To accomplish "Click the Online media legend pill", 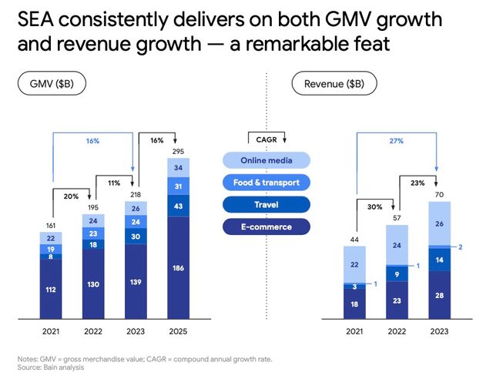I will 267,160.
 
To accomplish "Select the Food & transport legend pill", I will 267,183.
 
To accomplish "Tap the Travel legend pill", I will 267,205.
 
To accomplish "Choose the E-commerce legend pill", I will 267,226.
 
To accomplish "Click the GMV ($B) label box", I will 52,83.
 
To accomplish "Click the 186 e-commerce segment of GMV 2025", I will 177,268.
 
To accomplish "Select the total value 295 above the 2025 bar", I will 177,153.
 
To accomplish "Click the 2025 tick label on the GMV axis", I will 177,330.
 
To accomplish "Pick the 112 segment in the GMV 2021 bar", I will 51,289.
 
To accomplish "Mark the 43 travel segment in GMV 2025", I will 177,206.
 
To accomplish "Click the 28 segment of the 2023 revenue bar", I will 439,296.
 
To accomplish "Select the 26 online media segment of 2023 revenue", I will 439,223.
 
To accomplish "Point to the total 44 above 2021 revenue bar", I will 355,240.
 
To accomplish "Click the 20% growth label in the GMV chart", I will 71,196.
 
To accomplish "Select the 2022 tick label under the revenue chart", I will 397,330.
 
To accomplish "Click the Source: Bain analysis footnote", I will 51,367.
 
